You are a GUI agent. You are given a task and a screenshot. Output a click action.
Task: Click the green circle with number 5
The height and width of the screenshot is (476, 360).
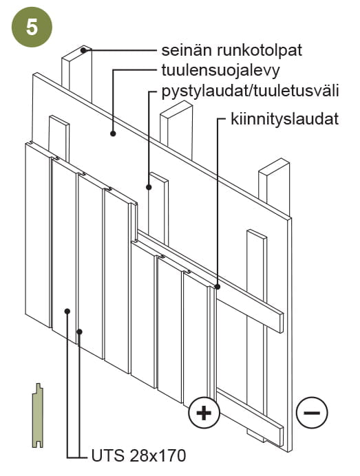[32, 27]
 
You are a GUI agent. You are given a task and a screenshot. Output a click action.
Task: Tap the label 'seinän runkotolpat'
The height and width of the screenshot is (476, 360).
[231, 50]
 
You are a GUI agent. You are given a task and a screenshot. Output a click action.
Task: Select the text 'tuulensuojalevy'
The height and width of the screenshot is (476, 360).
[220, 70]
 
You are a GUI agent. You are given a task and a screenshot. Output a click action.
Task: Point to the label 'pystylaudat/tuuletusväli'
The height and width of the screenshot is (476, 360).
[250, 91]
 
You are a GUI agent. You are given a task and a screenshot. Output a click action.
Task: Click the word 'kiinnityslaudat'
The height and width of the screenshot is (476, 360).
[285, 119]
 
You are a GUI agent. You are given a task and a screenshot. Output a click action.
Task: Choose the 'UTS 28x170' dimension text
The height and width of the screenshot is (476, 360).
[138, 455]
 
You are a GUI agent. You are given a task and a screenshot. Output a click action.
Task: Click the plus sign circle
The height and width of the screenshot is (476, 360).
[204, 413]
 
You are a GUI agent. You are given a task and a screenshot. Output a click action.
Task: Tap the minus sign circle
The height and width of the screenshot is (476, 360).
[312, 412]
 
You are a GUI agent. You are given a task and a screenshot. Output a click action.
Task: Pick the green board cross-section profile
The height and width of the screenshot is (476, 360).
[38, 415]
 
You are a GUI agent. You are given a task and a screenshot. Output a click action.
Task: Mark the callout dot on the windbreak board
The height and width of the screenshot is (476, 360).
[113, 133]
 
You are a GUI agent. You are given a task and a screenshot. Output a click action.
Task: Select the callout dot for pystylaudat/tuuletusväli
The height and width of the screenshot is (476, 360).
[149, 187]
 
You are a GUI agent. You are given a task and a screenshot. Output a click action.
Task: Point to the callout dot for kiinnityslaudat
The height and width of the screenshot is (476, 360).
[218, 286]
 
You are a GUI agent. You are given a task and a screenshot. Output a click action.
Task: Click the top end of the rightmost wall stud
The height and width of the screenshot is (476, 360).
[274, 166]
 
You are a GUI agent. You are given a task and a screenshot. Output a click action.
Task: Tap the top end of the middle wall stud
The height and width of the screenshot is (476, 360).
[176, 109]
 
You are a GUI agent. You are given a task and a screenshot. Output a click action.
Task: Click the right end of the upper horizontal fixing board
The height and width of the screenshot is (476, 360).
[281, 323]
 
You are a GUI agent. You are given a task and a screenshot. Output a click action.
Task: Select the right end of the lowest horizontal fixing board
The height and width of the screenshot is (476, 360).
[281, 437]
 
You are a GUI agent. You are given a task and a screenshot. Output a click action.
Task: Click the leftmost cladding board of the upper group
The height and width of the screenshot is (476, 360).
[38, 235]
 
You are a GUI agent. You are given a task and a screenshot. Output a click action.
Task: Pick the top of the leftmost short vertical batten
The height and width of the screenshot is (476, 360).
[59, 120]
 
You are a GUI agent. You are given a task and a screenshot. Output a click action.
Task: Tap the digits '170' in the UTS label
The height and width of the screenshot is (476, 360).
[173, 455]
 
